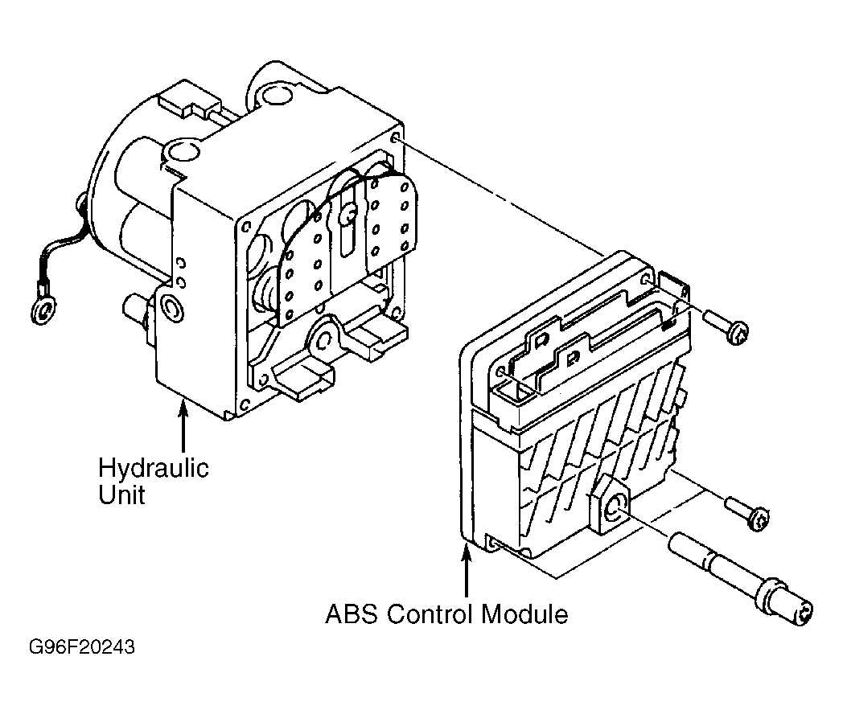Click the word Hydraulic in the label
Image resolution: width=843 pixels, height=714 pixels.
click(x=153, y=469)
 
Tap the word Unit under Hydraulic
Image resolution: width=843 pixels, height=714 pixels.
click(x=121, y=494)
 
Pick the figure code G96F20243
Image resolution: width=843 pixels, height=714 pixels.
click(x=82, y=646)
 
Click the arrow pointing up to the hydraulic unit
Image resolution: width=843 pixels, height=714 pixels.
click(x=183, y=428)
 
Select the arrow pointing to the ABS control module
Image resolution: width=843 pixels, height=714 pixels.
click(x=467, y=571)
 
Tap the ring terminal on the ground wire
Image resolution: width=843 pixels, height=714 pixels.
click(x=43, y=310)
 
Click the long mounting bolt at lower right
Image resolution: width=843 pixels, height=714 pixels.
click(x=741, y=579)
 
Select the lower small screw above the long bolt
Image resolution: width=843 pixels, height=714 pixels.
click(x=748, y=513)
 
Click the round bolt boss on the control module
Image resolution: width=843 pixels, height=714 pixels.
click(x=612, y=507)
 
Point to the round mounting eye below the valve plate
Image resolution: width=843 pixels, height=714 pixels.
click(x=324, y=339)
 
